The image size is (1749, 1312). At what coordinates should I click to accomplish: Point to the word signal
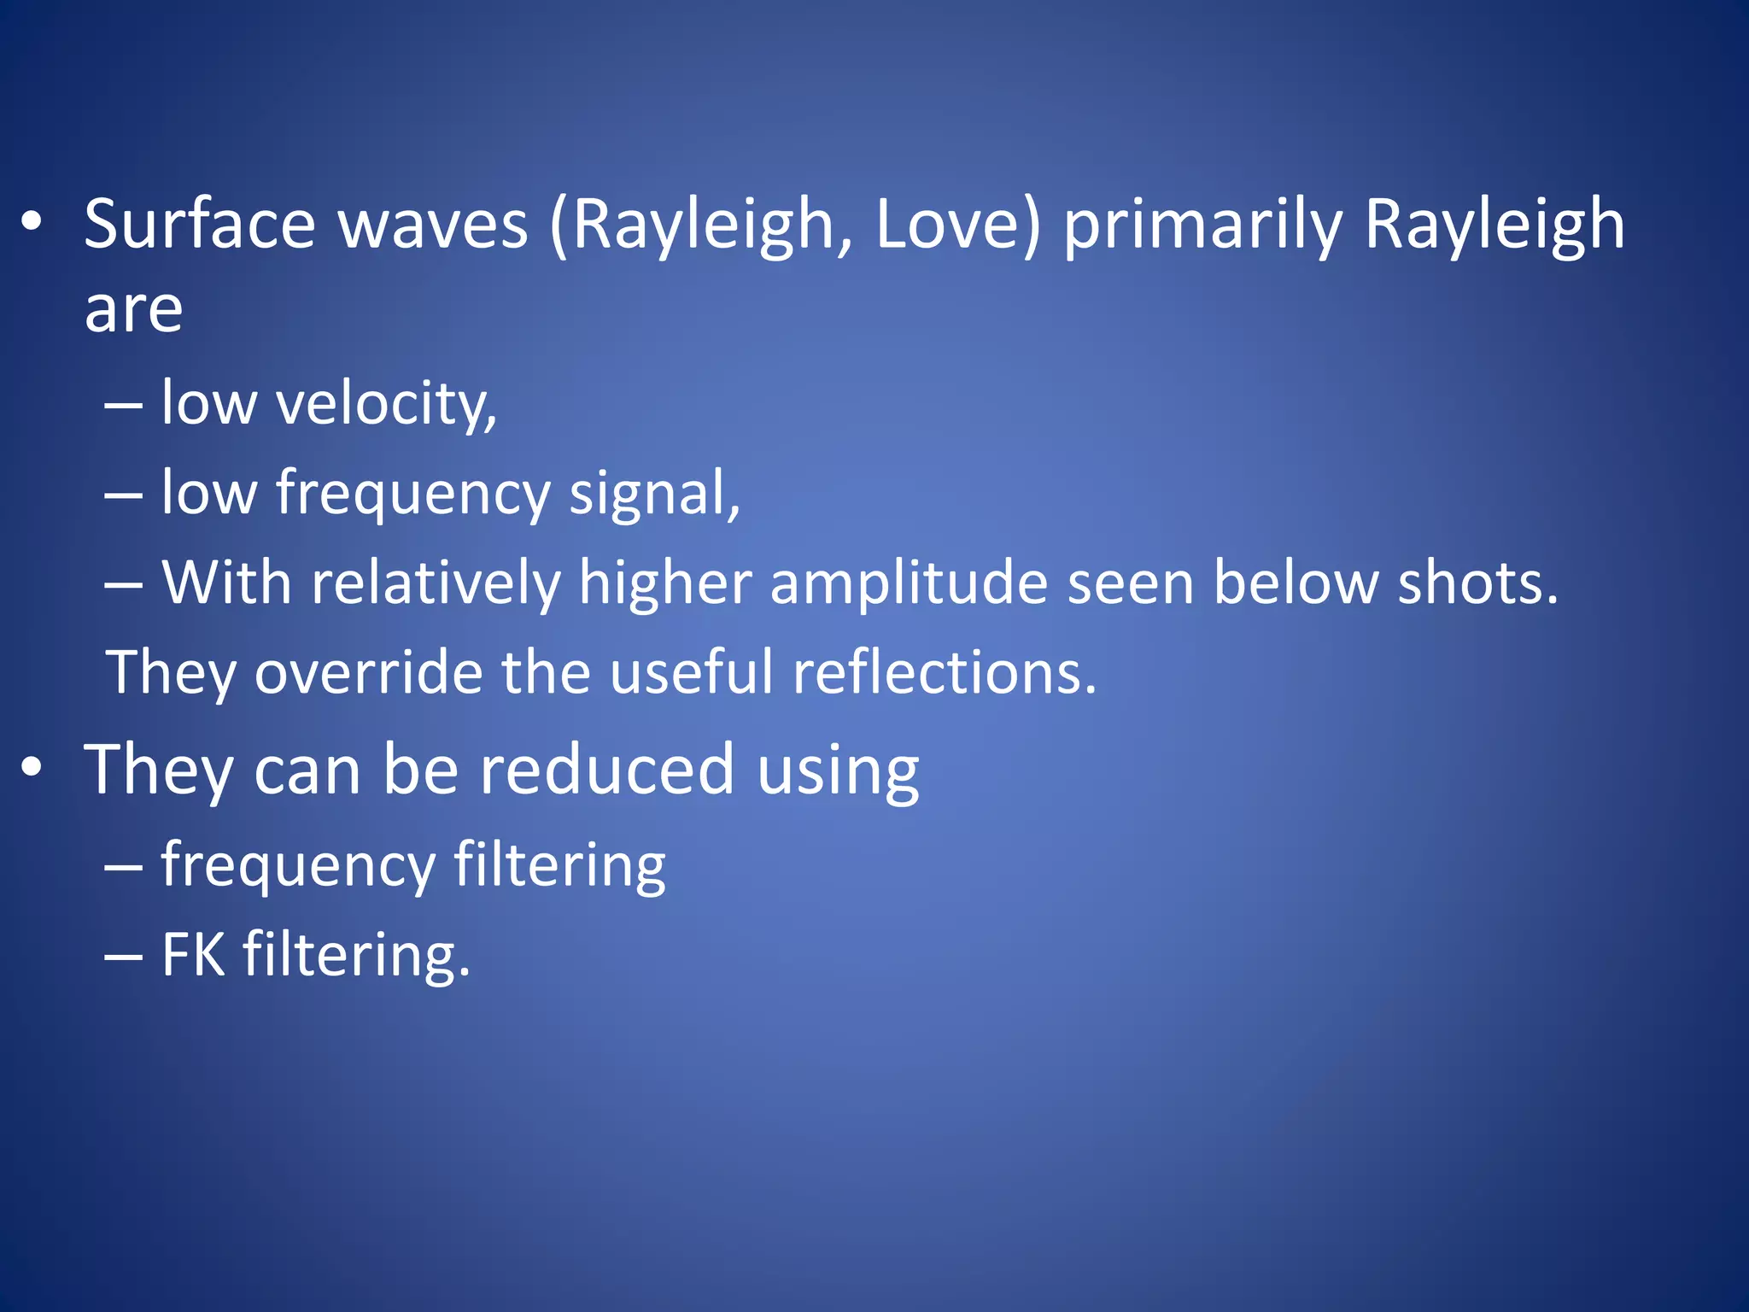point(654,494)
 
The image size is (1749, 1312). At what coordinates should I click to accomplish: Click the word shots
point(1477,583)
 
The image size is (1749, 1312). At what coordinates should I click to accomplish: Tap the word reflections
point(944,672)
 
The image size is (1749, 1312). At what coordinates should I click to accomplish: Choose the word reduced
point(606,770)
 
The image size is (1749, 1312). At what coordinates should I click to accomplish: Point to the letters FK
point(193,954)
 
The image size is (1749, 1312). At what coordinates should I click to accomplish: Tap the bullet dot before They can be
point(32,767)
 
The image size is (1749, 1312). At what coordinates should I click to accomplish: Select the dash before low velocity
point(123,407)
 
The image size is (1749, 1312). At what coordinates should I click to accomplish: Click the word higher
point(665,583)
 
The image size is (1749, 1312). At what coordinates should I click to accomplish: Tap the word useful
point(691,672)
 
